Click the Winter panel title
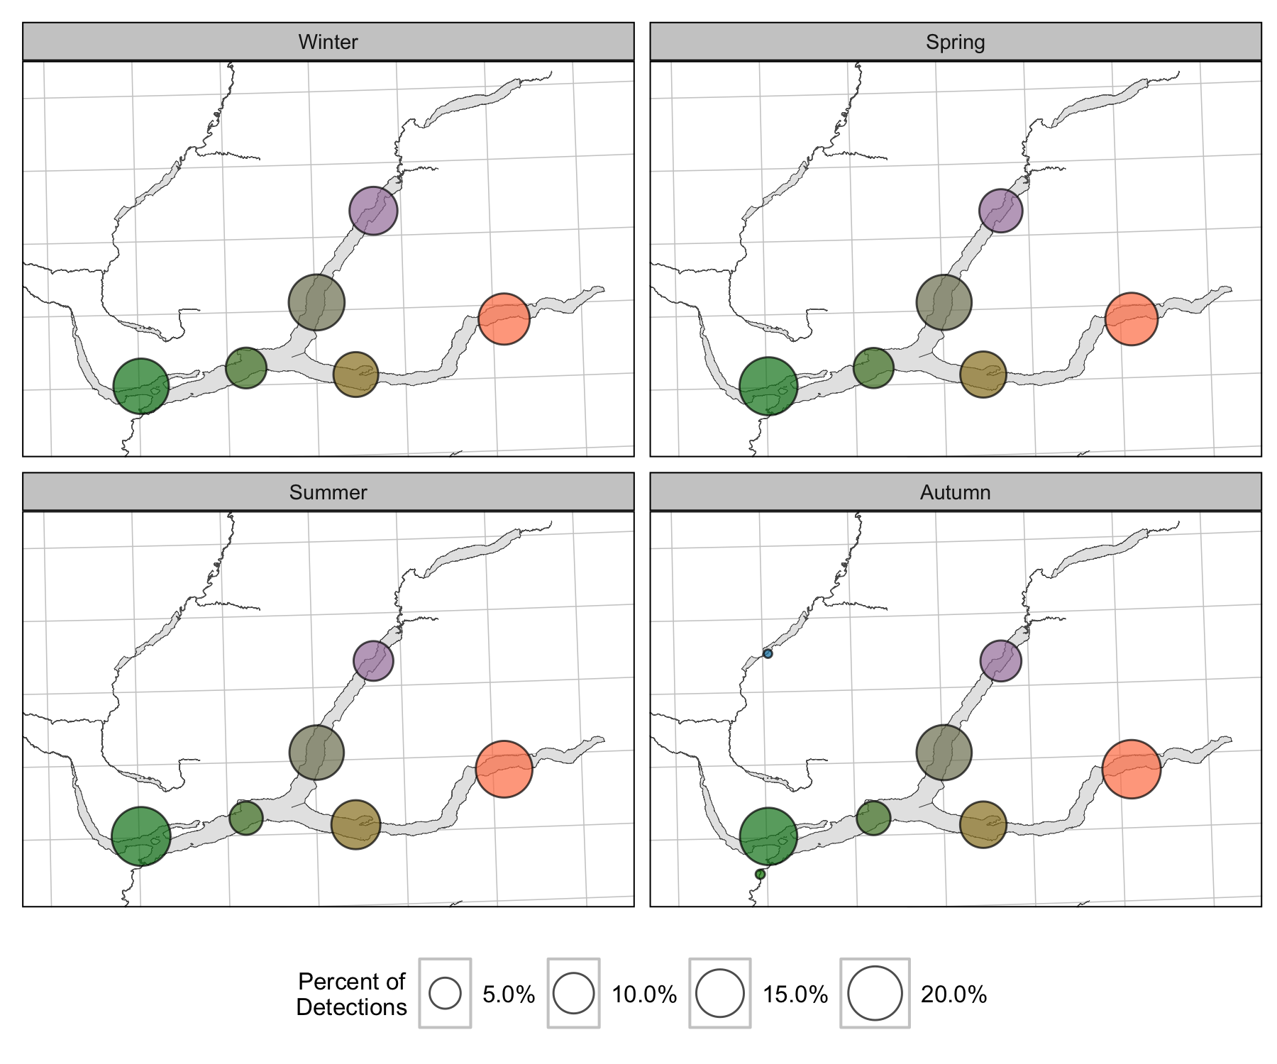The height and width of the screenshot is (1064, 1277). pos(328,42)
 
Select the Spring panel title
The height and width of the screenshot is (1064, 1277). pos(955,42)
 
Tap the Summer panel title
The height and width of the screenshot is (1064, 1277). pos(328,492)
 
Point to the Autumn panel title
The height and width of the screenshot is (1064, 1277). pos(955,492)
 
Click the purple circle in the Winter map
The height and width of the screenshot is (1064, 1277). pos(373,211)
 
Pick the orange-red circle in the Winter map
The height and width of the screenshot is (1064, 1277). pos(504,319)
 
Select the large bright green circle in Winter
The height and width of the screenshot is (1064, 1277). pos(141,386)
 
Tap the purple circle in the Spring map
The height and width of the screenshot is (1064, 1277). pos(1000,211)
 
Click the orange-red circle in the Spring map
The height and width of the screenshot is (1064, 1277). pos(1132,319)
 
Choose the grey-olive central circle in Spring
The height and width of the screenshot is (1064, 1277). pos(944,302)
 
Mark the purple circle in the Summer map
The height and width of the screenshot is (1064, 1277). pos(373,660)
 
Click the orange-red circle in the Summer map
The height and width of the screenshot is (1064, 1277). pos(504,769)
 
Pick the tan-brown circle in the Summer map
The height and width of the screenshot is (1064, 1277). pos(355,824)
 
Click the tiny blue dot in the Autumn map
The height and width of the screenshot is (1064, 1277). pos(768,653)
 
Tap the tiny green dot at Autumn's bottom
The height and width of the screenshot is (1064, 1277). pos(761,874)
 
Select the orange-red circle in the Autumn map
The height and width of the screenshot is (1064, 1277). pos(1132,769)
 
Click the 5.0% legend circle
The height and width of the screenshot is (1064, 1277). pos(445,993)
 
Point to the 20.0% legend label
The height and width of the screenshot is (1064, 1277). pos(953,994)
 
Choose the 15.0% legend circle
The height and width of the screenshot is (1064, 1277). pos(720,993)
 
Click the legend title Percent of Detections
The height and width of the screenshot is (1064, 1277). pos(351,994)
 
